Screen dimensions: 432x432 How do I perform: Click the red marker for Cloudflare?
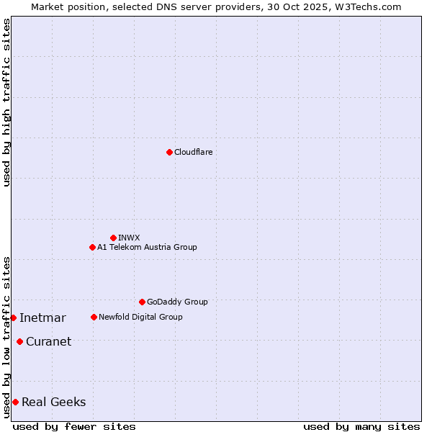tap(169, 152)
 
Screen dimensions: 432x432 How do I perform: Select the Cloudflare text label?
tap(194, 152)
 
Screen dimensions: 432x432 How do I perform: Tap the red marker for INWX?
tap(113, 238)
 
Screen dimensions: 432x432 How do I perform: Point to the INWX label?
tap(129, 238)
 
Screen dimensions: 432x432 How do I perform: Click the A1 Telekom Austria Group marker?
tap(92, 247)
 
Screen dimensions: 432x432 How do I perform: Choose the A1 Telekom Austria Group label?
tap(147, 247)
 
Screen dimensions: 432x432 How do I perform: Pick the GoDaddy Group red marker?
tap(142, 302)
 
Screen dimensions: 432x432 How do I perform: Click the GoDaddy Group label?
tap(177, 302)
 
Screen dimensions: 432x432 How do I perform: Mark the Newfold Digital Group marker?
tap(94, 317)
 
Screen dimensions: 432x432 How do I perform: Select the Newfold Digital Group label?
tap(140, 317)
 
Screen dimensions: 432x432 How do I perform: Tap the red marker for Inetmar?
tap(13, 318)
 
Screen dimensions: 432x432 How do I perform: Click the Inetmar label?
tap(42, 318)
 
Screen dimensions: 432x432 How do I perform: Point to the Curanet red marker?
tap(19, 341)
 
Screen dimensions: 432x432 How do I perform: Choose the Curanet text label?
tap(48, 342)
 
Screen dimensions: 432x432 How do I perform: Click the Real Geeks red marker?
tap(15, 402)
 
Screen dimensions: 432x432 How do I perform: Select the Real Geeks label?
tap(54, 402)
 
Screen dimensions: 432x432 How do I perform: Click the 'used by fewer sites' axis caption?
tap(74, 426)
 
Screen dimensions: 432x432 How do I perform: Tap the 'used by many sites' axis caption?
tap(361, 426)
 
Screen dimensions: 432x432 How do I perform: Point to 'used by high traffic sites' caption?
tap(6, 102)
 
